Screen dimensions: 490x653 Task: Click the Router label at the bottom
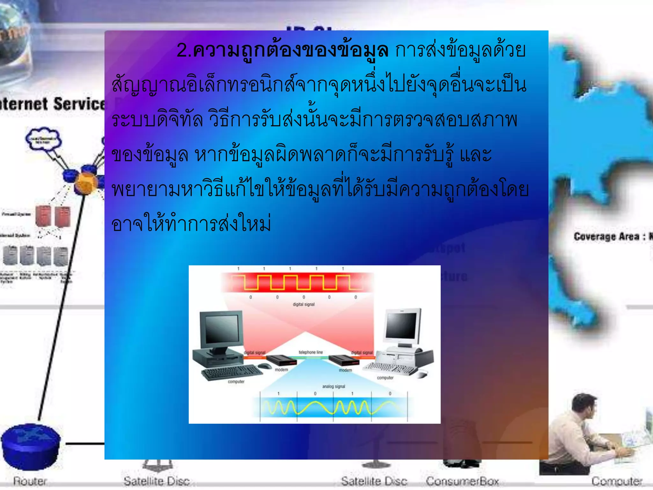pyautogui.click(x=30, y=481)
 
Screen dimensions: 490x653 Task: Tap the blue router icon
pyautogui.click(x=31, y=445)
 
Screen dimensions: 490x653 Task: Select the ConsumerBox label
pyautogui.click(x=462, y=481)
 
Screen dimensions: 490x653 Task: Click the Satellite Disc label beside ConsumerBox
pyautogui.click(x=374, y=481)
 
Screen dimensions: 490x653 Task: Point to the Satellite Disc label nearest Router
pyautogui.click(x=157, y=481)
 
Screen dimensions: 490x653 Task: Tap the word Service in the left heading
pyautogui.click(x=79, y=104)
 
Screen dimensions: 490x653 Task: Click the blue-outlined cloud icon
pyautogui.click(x=43, y=139)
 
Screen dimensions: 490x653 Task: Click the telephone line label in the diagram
pyautogui.click(x=311, y=352)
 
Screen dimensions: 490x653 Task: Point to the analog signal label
pyautogui.click(x=334, y=386)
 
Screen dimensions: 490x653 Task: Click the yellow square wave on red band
pyautogui.click(x=297, y=283)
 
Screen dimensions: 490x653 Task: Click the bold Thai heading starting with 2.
pyautogui.click(x=282, y=50)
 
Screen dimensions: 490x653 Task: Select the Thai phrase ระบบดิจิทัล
pyautogui.click(x=157, y=120)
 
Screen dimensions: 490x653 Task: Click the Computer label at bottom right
pyautogui.click(x=617, y=481)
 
